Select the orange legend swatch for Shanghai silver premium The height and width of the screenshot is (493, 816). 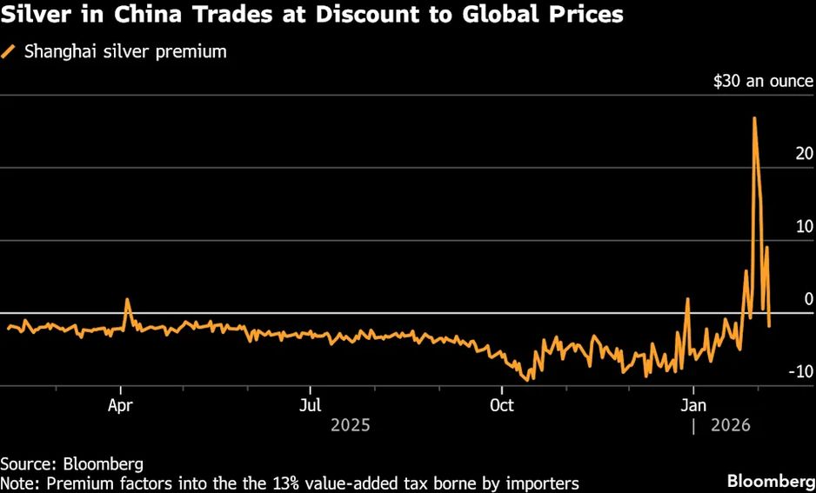pos(10,52)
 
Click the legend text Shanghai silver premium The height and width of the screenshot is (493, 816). pos(125,52)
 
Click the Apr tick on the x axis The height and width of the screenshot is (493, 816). pos(121,405)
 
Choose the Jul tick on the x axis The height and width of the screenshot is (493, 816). pos(311,405)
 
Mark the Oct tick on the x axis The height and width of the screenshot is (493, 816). pos(502,405)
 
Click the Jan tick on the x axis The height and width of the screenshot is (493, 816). pos(693,405)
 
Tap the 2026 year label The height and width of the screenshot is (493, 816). pos(732,426)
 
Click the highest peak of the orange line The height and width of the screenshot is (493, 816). pos(753,118)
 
